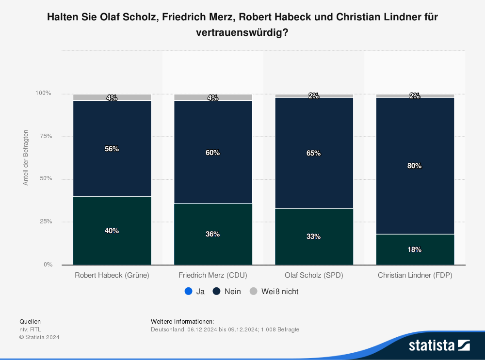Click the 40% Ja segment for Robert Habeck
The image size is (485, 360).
pyautogui.click(x=112, y=231)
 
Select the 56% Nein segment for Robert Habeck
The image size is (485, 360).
pyautogui.click(x=112, y=148)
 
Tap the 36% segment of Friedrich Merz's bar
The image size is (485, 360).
pyautogui.click(x=213, y=234)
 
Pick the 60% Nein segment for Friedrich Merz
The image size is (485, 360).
pyautogui.click(x=213, y=152)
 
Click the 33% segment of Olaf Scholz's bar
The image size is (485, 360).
pyautogui.click(x=314, y=236)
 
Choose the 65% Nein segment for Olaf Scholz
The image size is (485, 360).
pyautogui.click(x=314, y=153)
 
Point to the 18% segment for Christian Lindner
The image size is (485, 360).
pyautogui.click(x=415, y=250)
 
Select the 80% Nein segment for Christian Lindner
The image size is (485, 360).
pyautogui.click(x=415, y=166)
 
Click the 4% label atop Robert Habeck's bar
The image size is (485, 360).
pyautogui.click(x=112, y=98)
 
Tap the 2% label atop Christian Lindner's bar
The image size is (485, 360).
pyautogui.click(x=415, y=96)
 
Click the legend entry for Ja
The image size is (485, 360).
pyautogui.click(x=194, y=292)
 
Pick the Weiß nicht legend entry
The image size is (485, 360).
pyautogui.click(x=274, y=292)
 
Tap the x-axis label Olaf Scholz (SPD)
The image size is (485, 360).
pyautogui.click(x=314, y=275)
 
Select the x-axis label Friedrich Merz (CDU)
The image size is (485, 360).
pyautogui.click(x=213, y=275)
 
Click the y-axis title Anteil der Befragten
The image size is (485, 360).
pyautogui.click(x=26, y=157)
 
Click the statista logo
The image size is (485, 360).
pyautogui.click(x=439, y=345)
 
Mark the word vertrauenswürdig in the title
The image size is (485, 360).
pyautogui.click(x=238, y=33)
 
